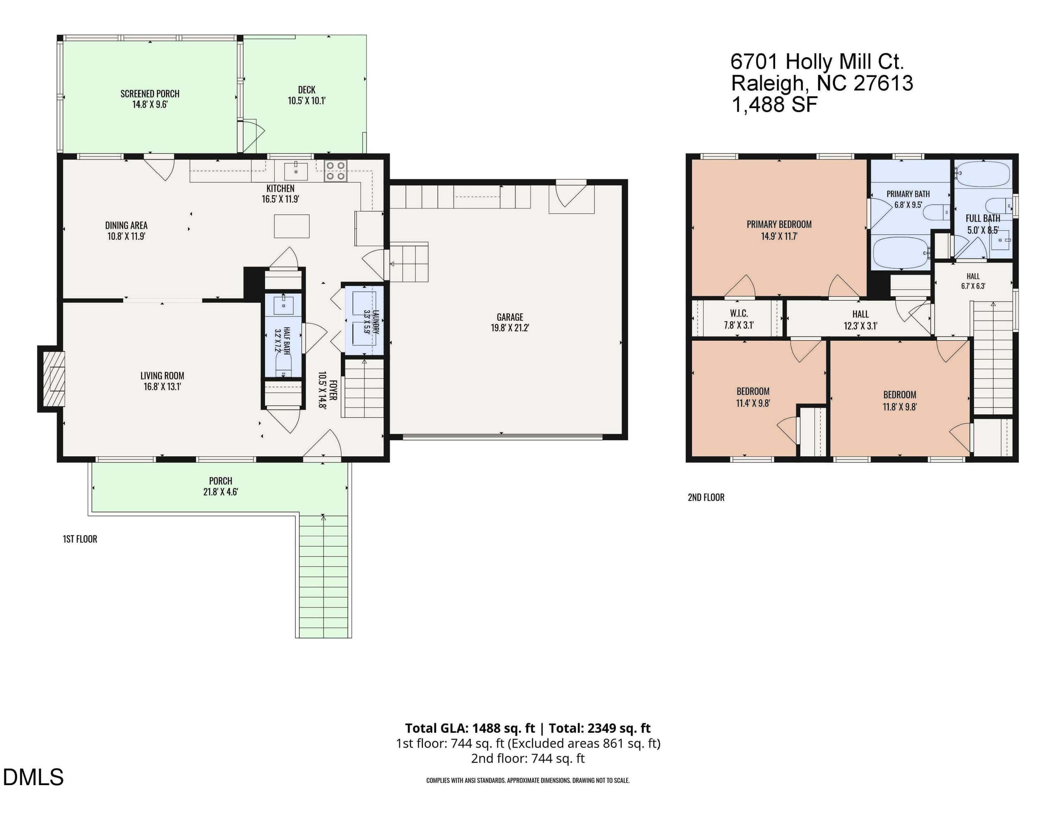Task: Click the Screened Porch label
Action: (150, 94)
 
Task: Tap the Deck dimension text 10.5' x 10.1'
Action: (306, 101)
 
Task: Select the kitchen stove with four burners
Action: (335, 171)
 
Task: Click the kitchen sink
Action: (295, 171)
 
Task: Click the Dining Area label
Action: (126, 225)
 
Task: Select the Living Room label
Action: (162, 376)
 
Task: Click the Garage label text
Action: (509, 317)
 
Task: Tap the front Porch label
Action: (221, 481)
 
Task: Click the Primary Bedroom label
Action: (779, 224)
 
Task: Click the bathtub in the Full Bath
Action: (983, 174)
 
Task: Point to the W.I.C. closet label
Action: (739, 314)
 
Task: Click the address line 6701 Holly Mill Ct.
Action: (817, 62)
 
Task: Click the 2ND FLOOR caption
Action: (706, 497)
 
